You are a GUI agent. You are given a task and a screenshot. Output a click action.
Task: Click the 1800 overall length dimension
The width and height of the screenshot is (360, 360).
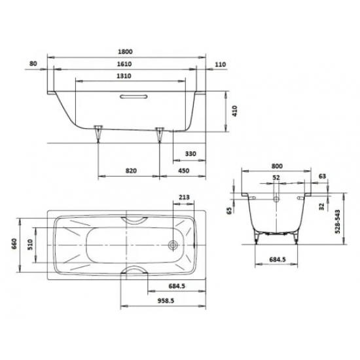tap(126, 52)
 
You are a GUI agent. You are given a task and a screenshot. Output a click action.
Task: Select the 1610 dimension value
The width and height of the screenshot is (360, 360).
tap(124, 64)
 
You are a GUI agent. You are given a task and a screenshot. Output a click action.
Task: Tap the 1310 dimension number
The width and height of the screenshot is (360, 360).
tap(124, 76)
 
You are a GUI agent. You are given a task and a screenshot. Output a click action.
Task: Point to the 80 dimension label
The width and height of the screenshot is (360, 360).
tap(33, 63)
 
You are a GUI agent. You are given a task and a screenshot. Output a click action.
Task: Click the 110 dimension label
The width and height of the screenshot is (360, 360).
tap(221, 65)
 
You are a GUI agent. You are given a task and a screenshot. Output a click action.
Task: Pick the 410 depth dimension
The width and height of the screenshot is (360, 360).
tap(235, 111)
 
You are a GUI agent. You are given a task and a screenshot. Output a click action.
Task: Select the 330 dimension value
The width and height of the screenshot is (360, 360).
tap(190, 154)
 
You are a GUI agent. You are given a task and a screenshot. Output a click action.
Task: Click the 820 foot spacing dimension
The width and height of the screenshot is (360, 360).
tap(131, 171)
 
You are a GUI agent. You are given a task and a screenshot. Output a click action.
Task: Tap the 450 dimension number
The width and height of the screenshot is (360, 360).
tap(184, 171)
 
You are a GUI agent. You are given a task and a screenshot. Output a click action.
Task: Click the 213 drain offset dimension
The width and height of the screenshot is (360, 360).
tap(184, 197)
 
